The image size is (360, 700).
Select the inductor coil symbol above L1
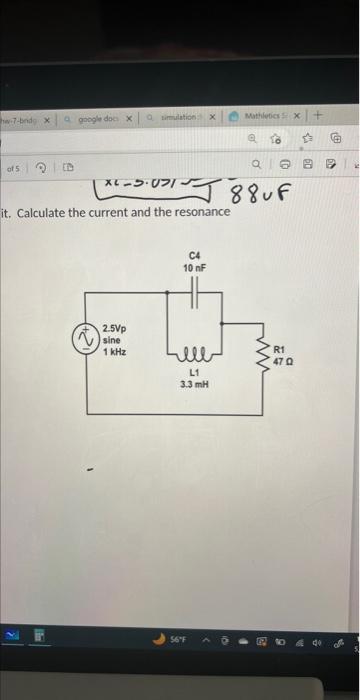click(194, 354)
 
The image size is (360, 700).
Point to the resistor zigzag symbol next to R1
click(264, 355)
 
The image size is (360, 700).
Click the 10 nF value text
click(194, 268)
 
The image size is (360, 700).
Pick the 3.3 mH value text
click(194, 384)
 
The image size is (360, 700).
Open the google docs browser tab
click(98, 117)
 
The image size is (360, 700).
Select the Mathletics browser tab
click(265, 116)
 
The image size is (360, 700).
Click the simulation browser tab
click(178, 117)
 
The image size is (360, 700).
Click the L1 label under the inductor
click(194, 373)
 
